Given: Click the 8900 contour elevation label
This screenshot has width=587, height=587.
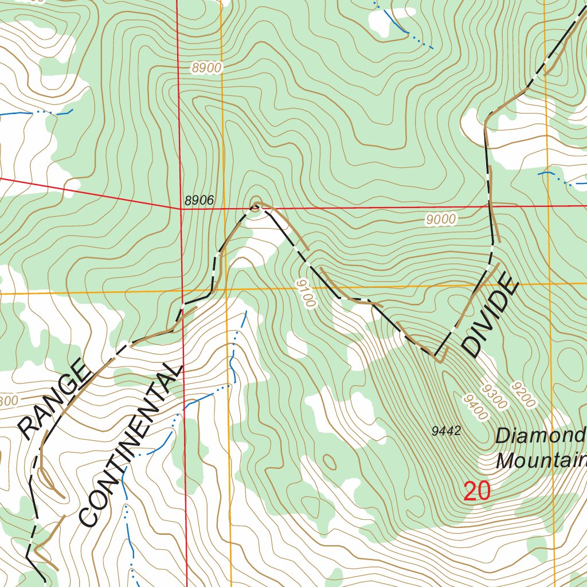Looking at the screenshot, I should click(x=206, y=68).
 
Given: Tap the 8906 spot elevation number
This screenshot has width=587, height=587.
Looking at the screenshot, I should click(x=199, y=201).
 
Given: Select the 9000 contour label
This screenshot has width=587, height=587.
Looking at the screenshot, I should click(x=441, y=219).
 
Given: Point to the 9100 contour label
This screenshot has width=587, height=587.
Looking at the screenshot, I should click(x=306, y=293).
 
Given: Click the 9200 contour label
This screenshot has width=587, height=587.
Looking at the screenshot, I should click(x=524, y=395).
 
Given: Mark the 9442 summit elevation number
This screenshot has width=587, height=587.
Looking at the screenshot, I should click(x=447, y=431).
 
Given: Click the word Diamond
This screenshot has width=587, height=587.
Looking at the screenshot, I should click(x=540, y=436).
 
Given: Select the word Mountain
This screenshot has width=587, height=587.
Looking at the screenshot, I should click(x=542, y=460).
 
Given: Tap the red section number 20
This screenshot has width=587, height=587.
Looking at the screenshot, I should click(x=477, y=492).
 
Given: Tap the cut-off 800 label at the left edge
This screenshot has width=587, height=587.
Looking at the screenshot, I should click(x=9, y=401).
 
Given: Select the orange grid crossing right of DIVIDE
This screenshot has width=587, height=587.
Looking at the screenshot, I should click(x=549, y=284).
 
